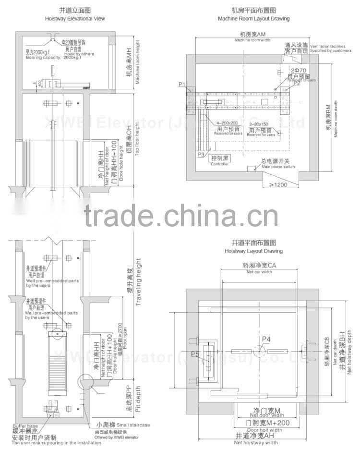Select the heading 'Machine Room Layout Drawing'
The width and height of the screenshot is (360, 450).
[x=253, y=19]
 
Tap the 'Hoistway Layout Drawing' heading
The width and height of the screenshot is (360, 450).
[x=253, y=251]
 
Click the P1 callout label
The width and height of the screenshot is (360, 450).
[x=182, y=85]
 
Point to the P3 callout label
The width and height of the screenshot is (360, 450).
[x=201, y=154]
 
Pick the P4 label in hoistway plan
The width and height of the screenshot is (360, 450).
[x=266, y=340]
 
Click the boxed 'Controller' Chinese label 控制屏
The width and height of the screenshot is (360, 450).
[x=219, y=158]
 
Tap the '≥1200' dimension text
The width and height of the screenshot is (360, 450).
[x=278, y=184]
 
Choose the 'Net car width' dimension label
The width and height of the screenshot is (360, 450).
[x=259, y=272]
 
